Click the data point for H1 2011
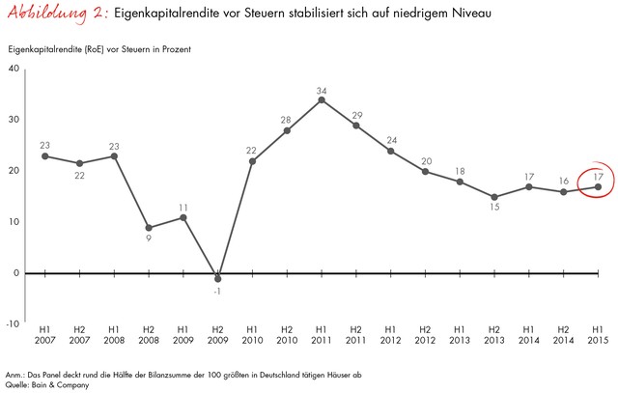tap(322, 99)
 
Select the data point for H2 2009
tap(218, 278)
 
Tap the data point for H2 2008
tap(149, 228)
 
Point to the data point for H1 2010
tap(252, 160)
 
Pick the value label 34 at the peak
tap(322, 91)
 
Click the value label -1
tap(218, 290)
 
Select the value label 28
tap(286, 120)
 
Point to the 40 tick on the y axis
tap(13, 68)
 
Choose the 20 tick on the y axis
tap(13, 170)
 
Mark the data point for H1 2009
tap(183, 217)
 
